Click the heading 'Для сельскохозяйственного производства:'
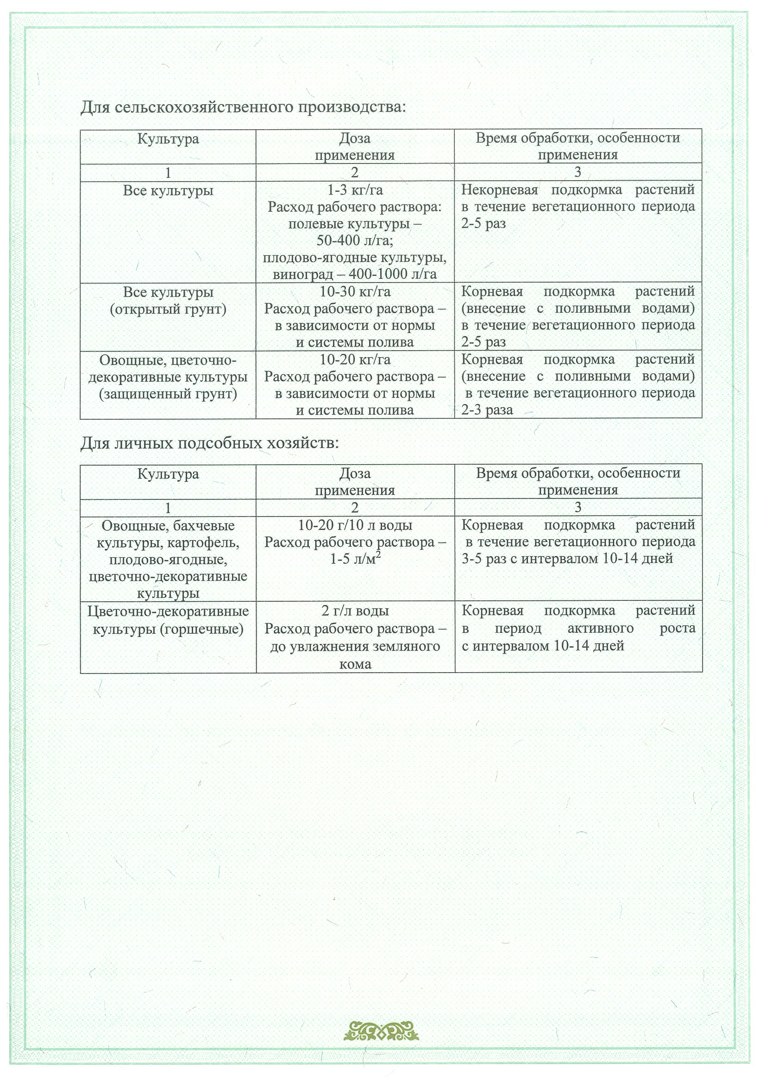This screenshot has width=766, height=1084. (x=243, y=107)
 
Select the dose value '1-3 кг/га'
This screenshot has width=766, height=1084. (x=355, y=190)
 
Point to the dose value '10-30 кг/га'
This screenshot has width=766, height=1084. (x=355, y=292)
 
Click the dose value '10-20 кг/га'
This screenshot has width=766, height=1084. (x=355, y=360)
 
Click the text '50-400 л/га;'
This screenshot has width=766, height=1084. (x=355, y=241)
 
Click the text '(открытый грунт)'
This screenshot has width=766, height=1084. (x=168, y=309)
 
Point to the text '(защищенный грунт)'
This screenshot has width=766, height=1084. (x=168, y=394)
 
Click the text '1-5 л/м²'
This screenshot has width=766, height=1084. (x=355, y=559)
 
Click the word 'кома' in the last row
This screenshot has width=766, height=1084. (x=355, y=664)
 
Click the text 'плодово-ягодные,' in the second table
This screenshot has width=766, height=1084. (x=168, y=560)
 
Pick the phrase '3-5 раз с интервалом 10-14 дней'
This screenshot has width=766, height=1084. (x=567, y=559)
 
